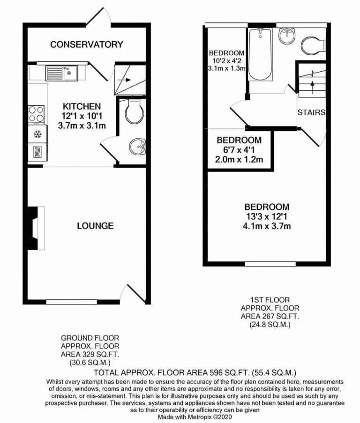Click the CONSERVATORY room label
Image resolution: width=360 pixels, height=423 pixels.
coord(87,45)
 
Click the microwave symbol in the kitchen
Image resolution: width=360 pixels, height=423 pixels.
coord(37,151)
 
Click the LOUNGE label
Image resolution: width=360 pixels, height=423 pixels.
coord(95,226)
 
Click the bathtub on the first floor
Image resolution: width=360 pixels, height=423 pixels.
coord(259,54)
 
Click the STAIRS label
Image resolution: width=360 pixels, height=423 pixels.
coord(311,112)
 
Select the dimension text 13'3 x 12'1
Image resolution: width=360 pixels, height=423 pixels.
coord(266,217)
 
